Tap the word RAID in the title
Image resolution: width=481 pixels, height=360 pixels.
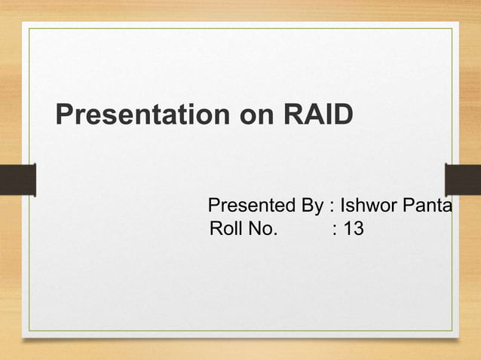click(x=317, y=116)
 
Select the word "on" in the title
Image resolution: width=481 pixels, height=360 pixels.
click(x=254, y=117)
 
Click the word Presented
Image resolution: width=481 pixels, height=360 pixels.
click(x=253, y=206)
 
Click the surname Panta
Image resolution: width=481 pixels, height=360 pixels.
click(x=427, y=206)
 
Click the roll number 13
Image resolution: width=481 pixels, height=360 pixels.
click(x=353, y=228)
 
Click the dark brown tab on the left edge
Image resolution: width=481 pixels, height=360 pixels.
click(x=17, y=179)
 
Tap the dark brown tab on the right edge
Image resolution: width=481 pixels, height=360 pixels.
click(x=463, y=179)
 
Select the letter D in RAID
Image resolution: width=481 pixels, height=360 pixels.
click(x=342, y=116)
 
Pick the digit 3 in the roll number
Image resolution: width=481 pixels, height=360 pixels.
click(x=357, y=228)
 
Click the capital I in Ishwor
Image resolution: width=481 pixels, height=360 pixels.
click(x=343, y=206)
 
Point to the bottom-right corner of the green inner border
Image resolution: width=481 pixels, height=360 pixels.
click(x=452, y=331)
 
